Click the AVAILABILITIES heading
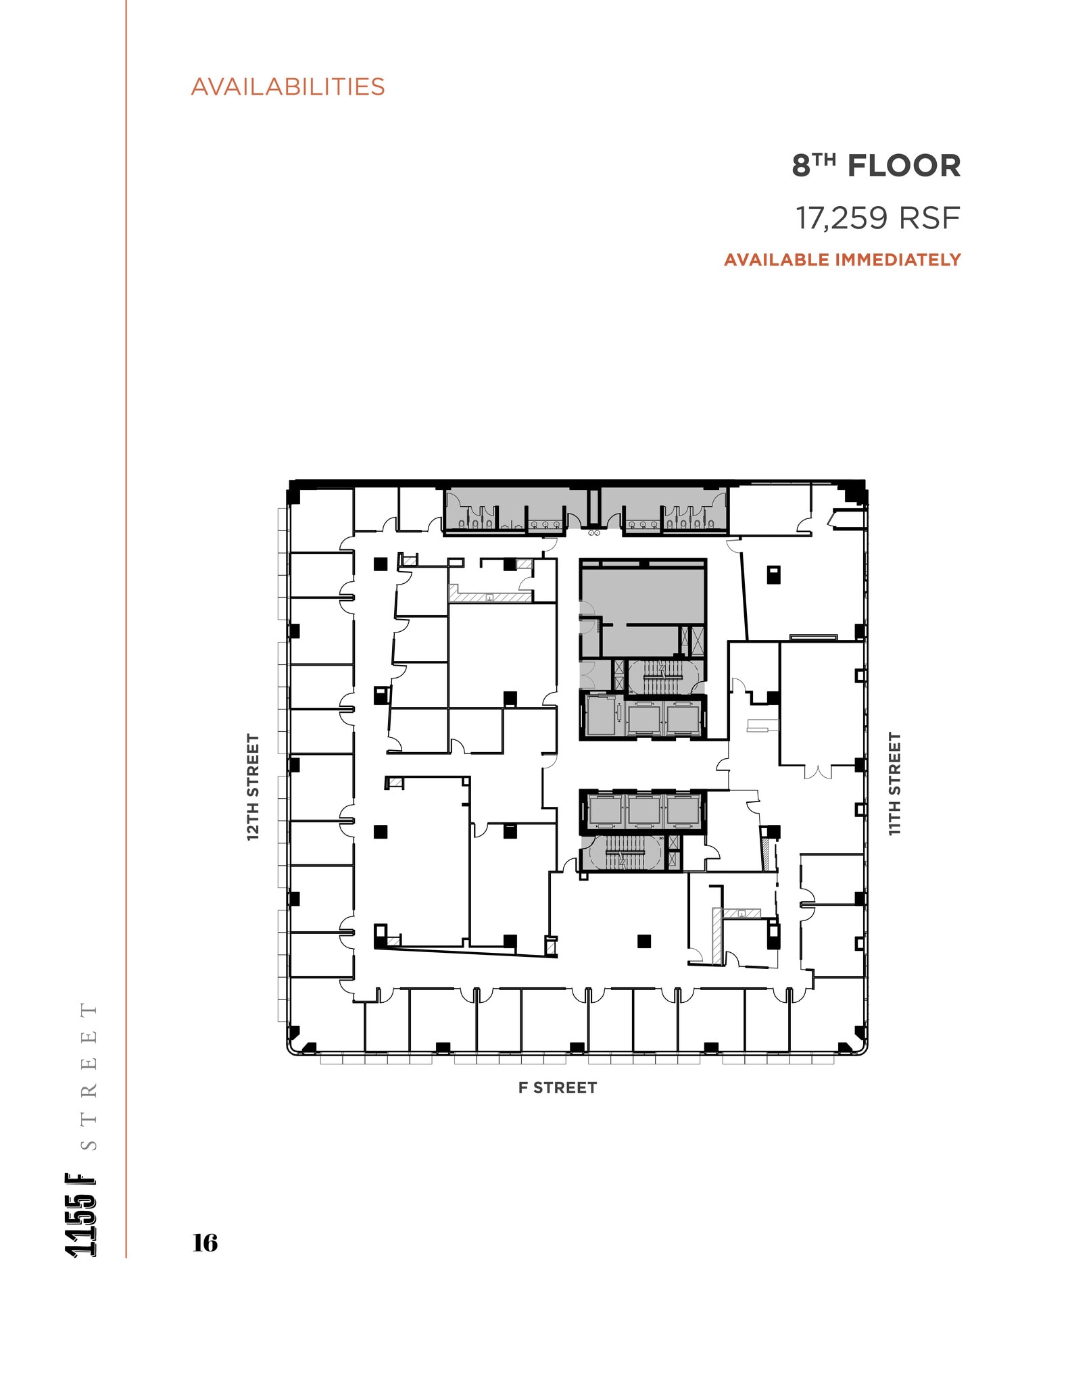pos(287,86)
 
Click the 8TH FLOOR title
pos(876,166)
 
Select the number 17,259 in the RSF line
pos(841,218)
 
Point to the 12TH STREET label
pos(253,787)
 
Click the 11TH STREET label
pos(894,784)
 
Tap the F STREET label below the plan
pos(557,1087)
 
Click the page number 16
pos(205,1242)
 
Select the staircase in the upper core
pos(662,676)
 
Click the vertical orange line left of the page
pos(126,608)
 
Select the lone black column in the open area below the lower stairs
pos(643,940)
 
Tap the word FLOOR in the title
pos(904,166)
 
